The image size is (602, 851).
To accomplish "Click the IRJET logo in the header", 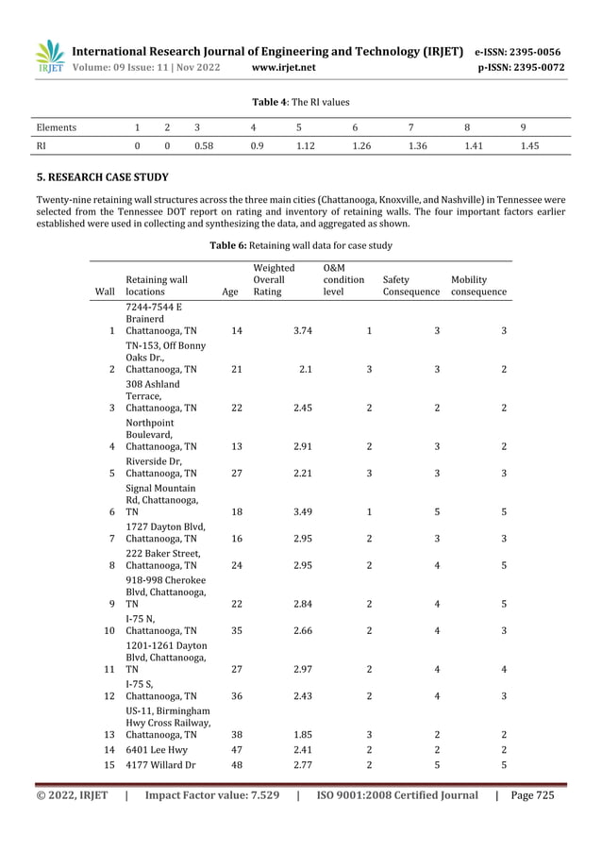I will point(50,56).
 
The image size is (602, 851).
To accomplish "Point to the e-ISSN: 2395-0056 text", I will point(518,51).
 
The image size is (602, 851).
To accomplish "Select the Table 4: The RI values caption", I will point(301,102).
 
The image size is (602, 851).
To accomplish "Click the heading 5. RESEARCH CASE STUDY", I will point(102,176).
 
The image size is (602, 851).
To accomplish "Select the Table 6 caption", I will point(301,245).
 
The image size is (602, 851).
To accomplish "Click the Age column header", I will point(229,292).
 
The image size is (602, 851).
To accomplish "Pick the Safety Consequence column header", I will point(410,286).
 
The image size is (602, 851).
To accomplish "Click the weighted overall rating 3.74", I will point(302,331).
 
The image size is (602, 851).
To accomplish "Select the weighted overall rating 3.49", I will point(302,511).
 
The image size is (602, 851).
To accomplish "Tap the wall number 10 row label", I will point(109,630).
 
